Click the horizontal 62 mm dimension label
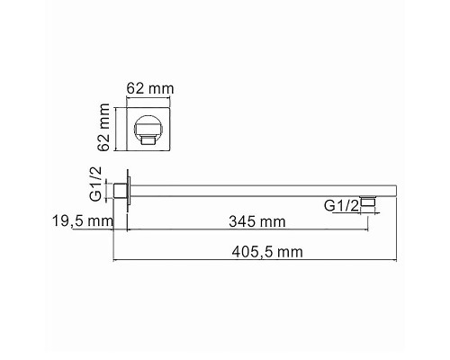(x=150, y=88)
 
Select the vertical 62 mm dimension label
(x=104, y=127)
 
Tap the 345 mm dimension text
(x=257, y=222)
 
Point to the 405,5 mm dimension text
(x=267, y=252)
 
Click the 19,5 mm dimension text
(x=83, y=221)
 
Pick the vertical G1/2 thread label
(x=96, y=184)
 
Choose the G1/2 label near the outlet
(x=341, y=206)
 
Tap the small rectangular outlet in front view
(x=148, y=139)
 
